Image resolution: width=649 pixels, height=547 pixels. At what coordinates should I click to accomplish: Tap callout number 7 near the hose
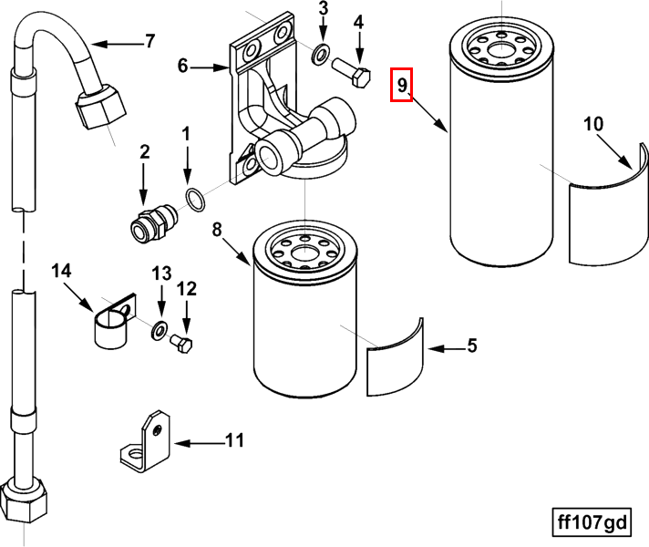click(149, 41)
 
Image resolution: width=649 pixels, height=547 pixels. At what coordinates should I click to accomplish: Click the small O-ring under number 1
click(194, 199)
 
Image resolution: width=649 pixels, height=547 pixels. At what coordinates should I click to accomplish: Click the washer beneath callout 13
click(160, 328)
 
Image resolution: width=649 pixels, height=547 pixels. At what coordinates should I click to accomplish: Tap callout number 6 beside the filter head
click(182, 66)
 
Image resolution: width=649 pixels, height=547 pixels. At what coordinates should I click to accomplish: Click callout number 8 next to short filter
click(217, 230)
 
